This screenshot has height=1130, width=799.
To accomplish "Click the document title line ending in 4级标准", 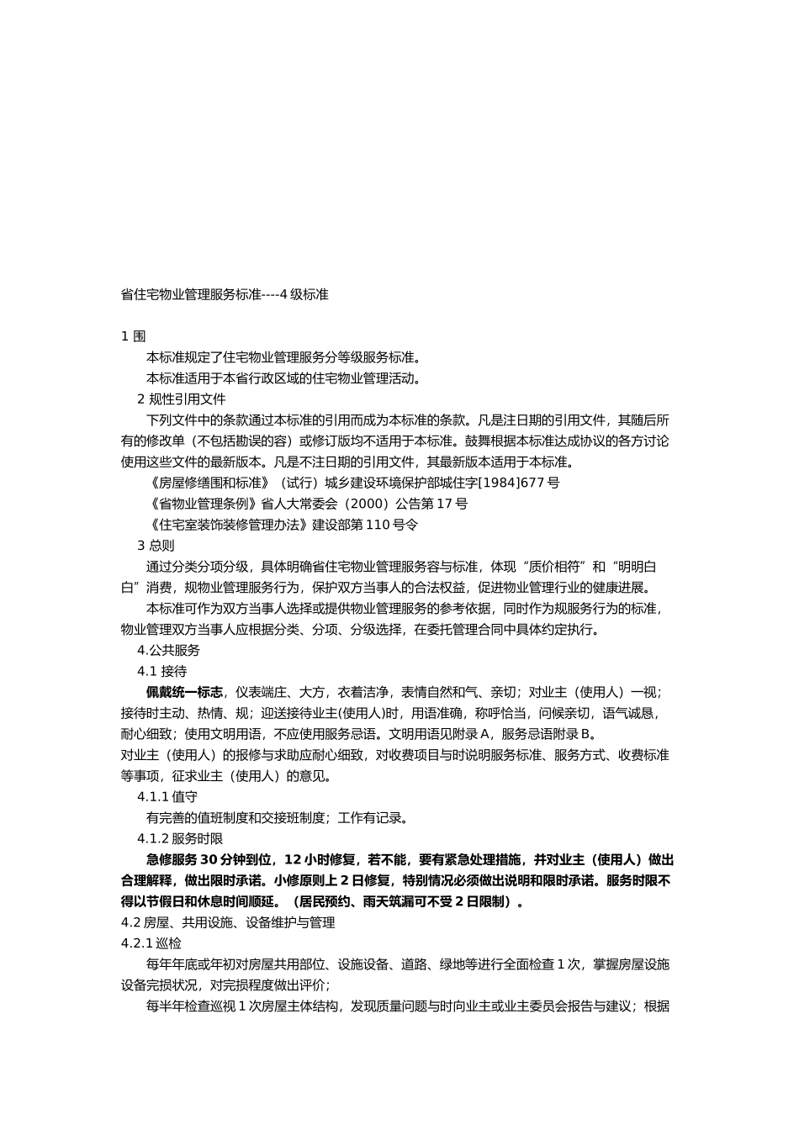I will pos(225,294).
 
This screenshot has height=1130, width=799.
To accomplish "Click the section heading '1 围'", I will pos(133,336).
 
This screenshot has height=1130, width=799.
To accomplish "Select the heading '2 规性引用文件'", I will pos(181,399).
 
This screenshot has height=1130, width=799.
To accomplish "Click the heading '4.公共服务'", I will pos(168,650).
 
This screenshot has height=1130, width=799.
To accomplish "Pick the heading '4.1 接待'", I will pos(161,671).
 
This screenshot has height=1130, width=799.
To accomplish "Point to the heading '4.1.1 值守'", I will pos(167,796).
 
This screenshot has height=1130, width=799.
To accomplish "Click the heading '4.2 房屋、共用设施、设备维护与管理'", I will pos(228,922).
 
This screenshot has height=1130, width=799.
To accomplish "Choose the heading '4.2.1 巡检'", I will pos(151,943).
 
